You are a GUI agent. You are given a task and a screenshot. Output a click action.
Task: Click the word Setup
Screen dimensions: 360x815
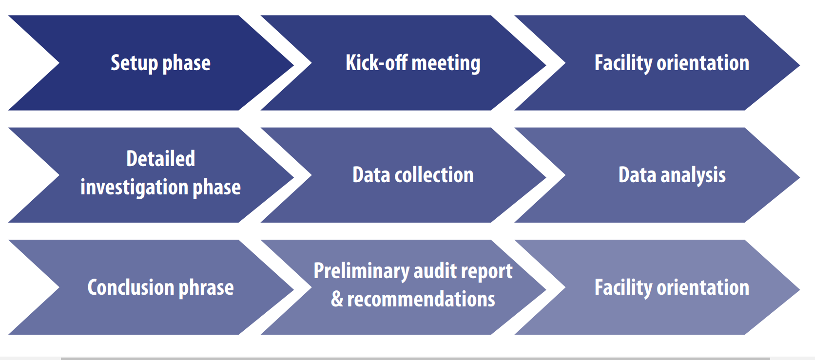pyautogui.click(x=135, y=63)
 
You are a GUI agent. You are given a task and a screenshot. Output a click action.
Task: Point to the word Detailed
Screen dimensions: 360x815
pyautogui.click(x=161, y=159)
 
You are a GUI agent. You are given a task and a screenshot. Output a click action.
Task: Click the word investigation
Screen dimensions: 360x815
pyautogui.click(x=134, y=188)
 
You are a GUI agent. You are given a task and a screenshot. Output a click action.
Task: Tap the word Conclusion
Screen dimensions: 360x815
pyautogui.click(x=131, y=287)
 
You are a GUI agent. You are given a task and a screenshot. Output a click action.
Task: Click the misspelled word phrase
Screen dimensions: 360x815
pyautogui.click(x=206, y=288)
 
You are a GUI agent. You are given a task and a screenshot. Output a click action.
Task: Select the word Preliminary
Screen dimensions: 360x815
pyautogui.click(x=361, y=271)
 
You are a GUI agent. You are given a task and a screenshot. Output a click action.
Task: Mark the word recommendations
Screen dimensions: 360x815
pyautogui.click(x=421, y=299)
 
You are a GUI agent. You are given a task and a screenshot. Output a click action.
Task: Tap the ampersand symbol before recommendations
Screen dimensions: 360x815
pyautogui.click(x=337, y=299)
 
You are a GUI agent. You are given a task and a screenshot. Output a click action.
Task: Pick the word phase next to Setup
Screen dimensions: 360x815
pyautogui.click(x=186, y=64)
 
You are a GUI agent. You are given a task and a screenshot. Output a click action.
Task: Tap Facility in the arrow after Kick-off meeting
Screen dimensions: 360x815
pyautogui.click(x=623, y=63)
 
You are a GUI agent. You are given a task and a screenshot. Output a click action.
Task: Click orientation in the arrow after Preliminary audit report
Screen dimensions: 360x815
pyautogui.click(x=703, y=287)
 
